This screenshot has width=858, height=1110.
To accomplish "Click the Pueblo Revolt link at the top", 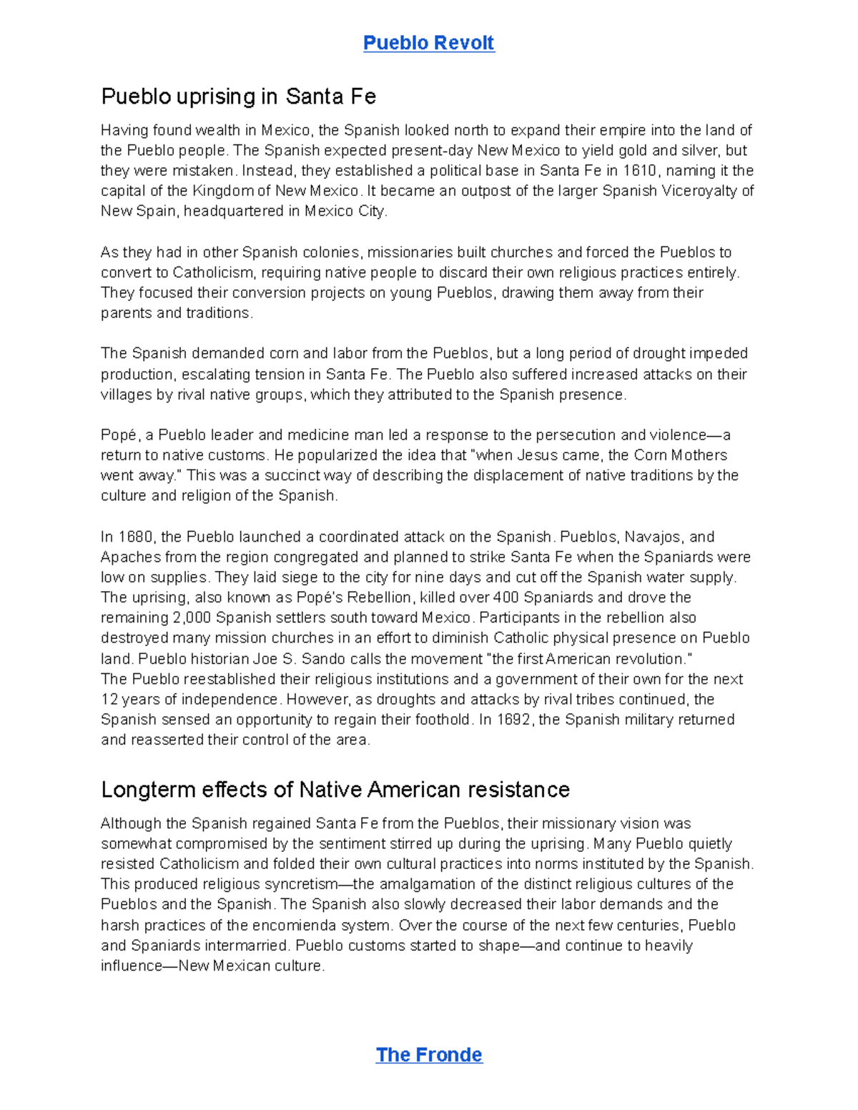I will (x=428, y=43).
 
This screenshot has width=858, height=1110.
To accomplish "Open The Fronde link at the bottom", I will (x=429, y=1055).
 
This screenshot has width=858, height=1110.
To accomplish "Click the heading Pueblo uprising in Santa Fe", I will (x=238, y=96).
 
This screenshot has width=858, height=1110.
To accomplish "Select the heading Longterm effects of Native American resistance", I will (x=335, y=790).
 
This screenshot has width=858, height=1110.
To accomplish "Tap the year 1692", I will (x=515, y=720).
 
